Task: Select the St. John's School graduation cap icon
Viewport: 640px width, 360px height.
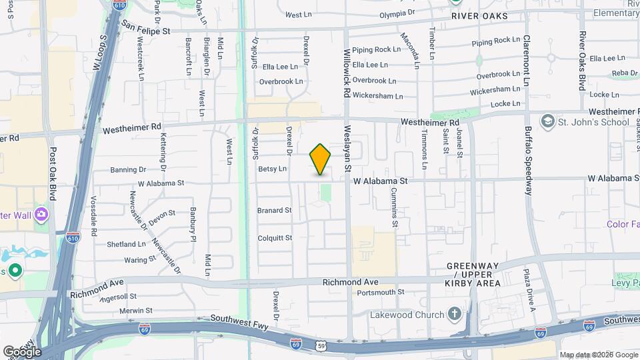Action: (547, 122)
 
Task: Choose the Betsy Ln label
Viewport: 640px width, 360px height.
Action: (272, 169)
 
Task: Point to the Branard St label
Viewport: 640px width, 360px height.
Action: (274, 210)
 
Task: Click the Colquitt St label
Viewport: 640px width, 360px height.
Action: (275, 237)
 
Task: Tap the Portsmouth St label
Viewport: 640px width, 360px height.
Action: (381, 292)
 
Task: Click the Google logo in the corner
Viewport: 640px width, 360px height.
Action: (21, 351)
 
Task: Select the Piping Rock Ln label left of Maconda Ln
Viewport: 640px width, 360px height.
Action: (376, 49)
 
